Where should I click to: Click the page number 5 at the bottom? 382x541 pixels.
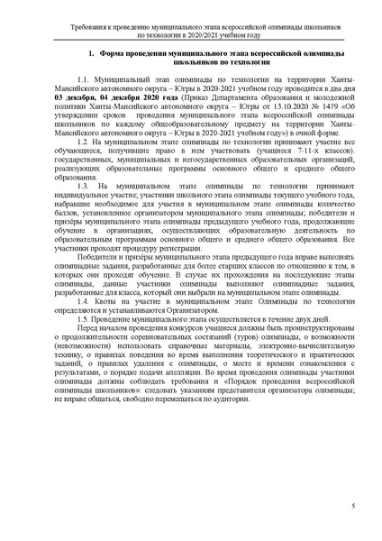(x=354, y=516)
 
